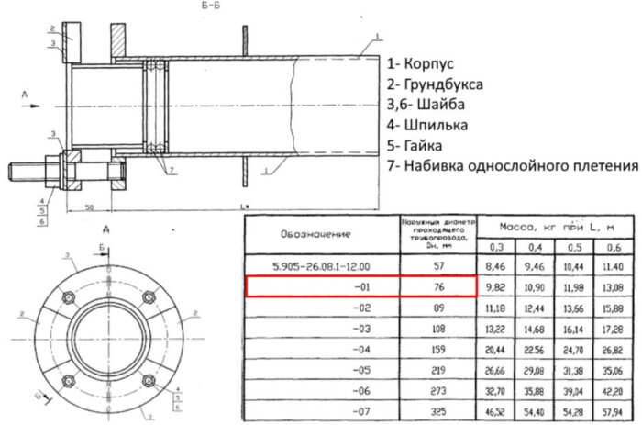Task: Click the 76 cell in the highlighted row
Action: [438, 286]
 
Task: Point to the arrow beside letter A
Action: [31, 106]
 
